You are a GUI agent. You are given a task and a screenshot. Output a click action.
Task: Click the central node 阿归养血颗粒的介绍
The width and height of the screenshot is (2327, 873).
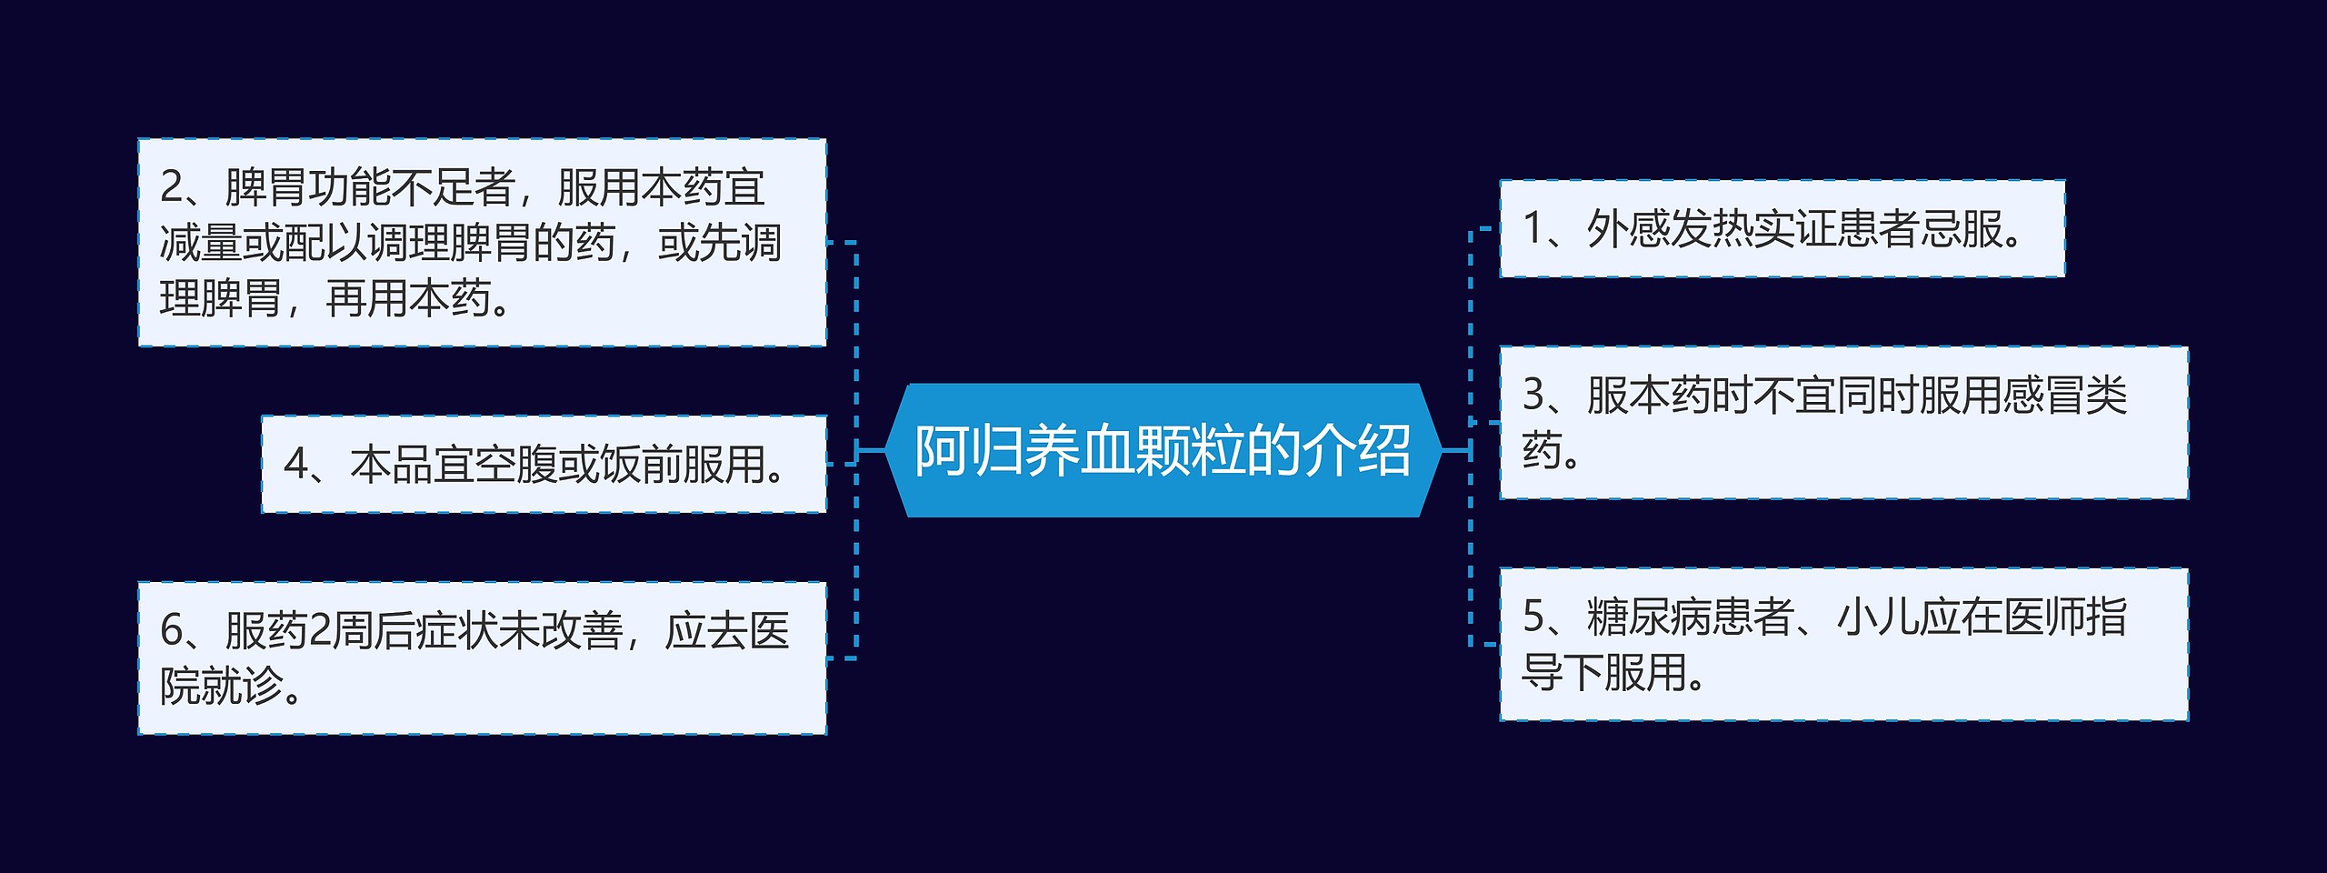click(x=1163, y=450)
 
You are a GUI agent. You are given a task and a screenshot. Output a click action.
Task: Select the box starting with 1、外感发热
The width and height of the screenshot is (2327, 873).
click(x=1782, y=228)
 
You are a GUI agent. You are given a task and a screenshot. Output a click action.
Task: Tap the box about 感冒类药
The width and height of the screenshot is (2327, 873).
click(x=1843, y=422)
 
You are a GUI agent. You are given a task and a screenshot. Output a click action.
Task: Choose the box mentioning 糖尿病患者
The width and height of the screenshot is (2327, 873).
click(x=1843, y=645)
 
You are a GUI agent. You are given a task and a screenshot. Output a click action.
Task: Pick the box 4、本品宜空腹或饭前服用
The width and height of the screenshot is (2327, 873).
click(x=544, y=464)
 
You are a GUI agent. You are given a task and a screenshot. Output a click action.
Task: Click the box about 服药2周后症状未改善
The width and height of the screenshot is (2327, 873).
click(x=482, y=657)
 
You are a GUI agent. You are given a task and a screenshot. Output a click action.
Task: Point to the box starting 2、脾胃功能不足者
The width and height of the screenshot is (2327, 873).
click(x=482, y=242)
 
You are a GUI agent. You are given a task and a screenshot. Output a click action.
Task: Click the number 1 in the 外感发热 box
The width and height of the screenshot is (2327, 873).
click(x=1533, y=228)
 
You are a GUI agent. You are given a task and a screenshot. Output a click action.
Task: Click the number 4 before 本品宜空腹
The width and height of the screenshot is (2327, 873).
click(x=295, y=464)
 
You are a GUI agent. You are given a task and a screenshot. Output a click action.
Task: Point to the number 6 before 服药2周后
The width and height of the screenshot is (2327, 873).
click(x=172, y=630)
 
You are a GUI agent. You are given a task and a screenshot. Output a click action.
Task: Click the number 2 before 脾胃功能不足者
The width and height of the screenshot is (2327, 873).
click(x=172, y=186)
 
